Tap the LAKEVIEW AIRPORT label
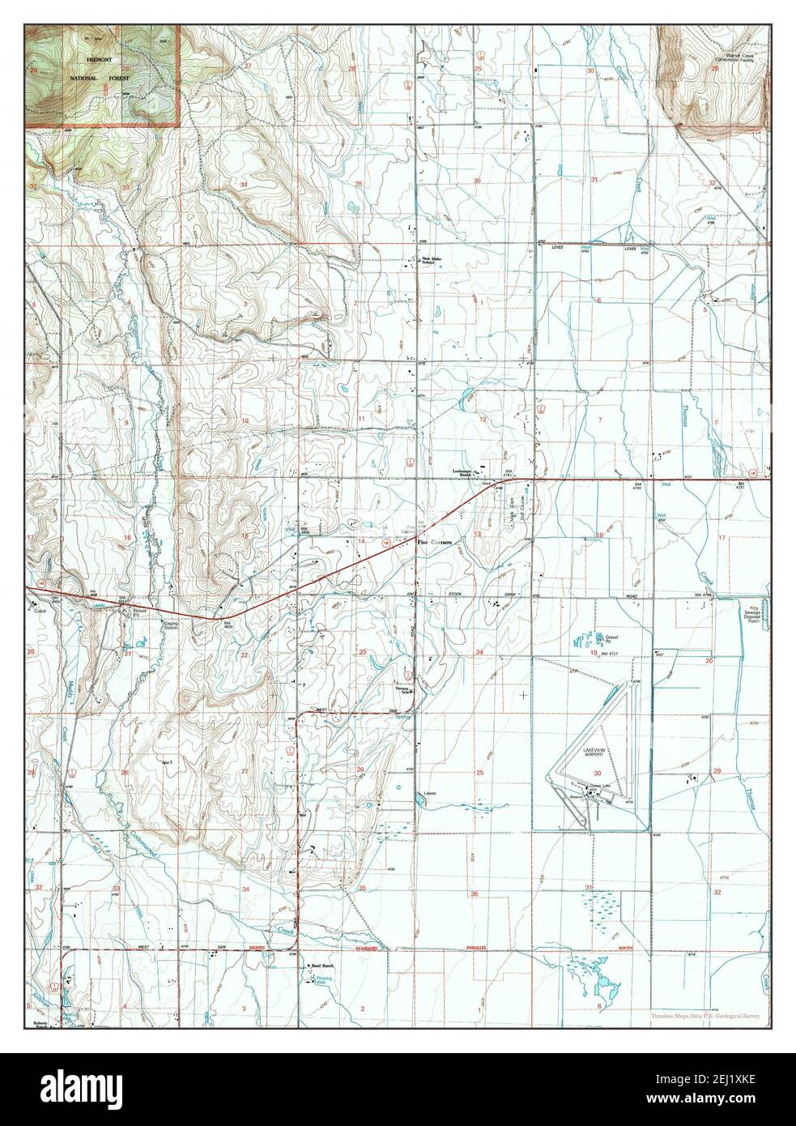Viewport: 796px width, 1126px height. [600, 753]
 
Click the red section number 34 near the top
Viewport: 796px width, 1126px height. [244, 185]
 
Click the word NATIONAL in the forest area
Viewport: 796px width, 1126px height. [83, 78]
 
